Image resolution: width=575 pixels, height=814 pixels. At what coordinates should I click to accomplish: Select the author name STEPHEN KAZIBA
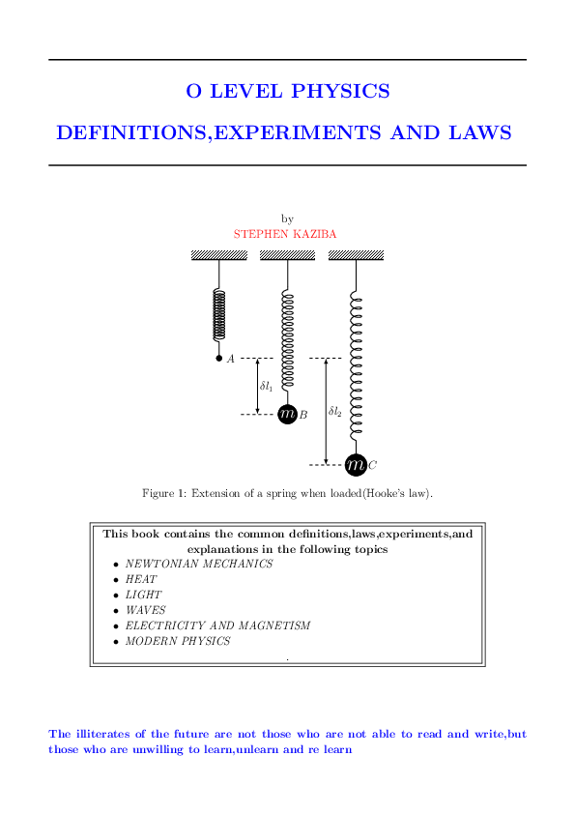(285, 234)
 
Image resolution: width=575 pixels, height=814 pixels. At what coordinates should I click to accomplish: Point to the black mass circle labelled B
(287, 414)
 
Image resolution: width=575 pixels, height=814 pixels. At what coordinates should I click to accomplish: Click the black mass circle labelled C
(356, 465)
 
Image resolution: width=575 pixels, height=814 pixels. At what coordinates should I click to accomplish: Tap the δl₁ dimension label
(266, 386)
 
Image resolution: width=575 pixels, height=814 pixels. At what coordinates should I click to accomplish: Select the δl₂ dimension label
(335, 411)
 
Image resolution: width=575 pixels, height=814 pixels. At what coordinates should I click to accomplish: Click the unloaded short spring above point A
(219, 315)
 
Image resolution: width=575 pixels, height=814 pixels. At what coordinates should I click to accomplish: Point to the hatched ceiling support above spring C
(356, 255)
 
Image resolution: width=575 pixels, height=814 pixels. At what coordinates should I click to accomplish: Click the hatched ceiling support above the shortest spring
(219, 255)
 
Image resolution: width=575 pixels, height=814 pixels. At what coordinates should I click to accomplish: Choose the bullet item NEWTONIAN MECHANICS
(199, 564)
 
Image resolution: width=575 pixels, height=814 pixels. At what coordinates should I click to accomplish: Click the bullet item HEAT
(141, 579)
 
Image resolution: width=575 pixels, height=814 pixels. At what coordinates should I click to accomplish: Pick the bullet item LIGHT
(144, 595)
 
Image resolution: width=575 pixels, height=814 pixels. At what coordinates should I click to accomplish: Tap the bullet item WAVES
(146, 610)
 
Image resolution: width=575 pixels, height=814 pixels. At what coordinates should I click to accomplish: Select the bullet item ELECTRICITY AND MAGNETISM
(218, 625)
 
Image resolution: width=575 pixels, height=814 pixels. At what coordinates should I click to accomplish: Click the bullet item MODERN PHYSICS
(179, 641)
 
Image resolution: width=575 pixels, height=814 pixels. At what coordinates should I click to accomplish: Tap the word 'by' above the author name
(287, 219)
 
